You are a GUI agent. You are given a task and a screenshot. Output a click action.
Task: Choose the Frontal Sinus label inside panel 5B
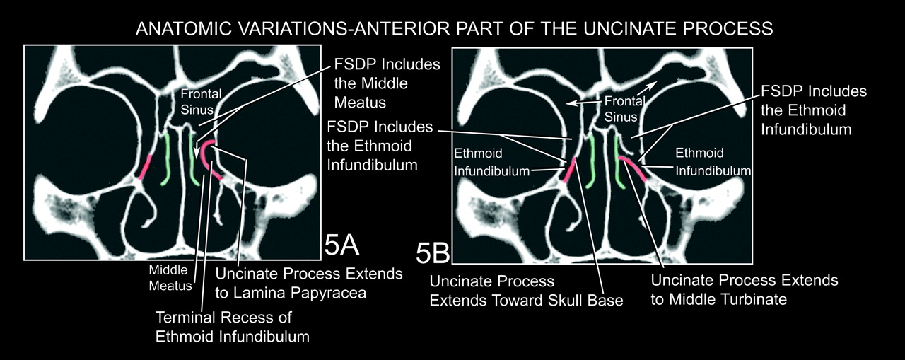(617, 110)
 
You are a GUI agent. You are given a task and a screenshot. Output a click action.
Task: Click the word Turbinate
(747, 299)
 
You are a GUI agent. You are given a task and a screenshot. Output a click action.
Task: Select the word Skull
(564, 300)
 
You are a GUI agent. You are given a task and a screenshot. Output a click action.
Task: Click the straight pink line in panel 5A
(146, 167)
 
